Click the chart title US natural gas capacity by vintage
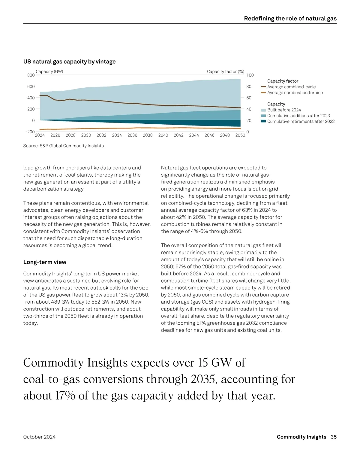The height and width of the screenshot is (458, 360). (x=69, y=62)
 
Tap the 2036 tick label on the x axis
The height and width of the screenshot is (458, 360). (x=132, y=135)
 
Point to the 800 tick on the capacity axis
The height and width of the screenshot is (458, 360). (x=31, y=75)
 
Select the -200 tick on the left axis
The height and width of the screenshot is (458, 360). (x=30, y=132)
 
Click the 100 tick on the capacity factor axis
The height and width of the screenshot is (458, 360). (x=250, y=75)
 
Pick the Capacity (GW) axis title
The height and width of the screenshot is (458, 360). (x=49, y=71)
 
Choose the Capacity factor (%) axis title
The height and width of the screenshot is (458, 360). (x=225, y=71)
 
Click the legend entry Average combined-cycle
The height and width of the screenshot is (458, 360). (x=291, y=87)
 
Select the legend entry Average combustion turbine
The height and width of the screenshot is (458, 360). (x=295, y=93)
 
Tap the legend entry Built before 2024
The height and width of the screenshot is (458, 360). (x=284, y=110)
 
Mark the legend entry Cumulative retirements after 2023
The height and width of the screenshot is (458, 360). (x=301, y=121)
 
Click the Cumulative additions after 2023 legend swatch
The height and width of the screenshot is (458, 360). (x=263, y=116)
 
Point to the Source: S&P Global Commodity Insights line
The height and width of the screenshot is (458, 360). (x=64, y=146)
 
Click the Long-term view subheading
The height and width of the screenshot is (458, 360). (x=45, y=262)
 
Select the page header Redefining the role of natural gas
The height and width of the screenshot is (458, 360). (x=290, y=18)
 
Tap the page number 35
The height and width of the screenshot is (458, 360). (x=334, y=437)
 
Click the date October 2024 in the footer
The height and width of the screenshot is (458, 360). (x=39, y=437)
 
